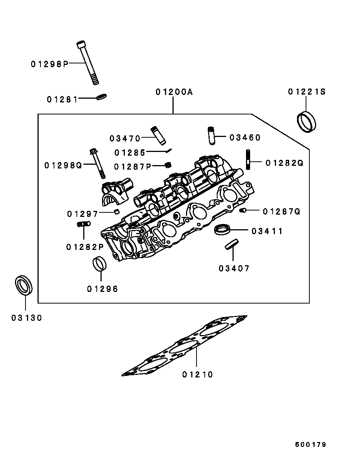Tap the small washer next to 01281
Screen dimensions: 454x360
coord(102,97)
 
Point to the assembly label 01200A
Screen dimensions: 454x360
coord(174,92)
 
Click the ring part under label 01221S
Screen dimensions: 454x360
coord(306,122)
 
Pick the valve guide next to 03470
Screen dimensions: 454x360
coord(157,135)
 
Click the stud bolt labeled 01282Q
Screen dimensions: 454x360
coord(248,160)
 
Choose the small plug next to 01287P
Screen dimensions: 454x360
coord(168,165)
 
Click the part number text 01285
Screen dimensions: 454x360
coord(130,153)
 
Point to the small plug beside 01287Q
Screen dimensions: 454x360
coord(243,210)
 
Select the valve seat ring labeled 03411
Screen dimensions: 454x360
coord(222,229)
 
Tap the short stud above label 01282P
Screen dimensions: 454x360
coord(83,224)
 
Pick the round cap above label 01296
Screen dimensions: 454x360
coord(99,263)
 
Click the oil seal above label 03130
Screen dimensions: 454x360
coord(24,285)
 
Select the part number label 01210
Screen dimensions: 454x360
coord(198,374)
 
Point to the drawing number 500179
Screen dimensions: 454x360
coord(310,445)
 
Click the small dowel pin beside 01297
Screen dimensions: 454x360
coord(117,212)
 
